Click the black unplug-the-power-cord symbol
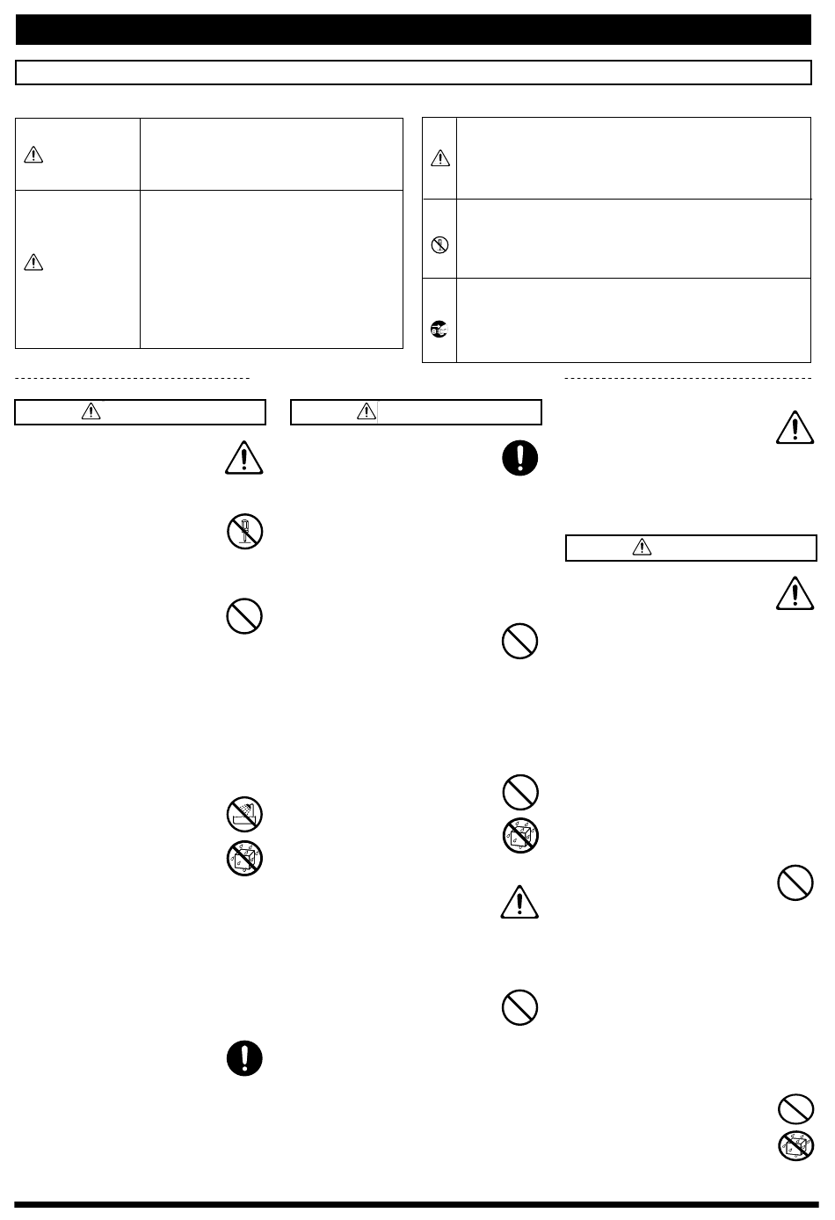(x=439, y=330)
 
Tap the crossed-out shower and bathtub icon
(x=244, y=815)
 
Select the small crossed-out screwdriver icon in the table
(x=439, y=246)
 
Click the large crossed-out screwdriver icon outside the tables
(x=244, y=532)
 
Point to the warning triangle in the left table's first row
(x=33, y=156)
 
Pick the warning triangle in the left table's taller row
(x=33, y=262)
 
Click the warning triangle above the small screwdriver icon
(x=439, y=159)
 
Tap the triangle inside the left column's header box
(x=91, y=410)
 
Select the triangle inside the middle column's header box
(x=367, y=410)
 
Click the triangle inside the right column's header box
(x=642, y=547)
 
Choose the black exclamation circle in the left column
(x=244, y=1058)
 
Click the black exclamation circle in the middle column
(x=519, y=458)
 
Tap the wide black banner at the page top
(x=413, y=29)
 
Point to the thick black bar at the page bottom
(x=417, y=1205)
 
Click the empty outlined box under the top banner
(x=413, y=72)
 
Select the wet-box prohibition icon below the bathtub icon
(x=244, y=859)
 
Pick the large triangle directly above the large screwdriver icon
(x=244, y=458)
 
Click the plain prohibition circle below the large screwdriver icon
(x=244, y=617)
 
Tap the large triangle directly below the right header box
(x=795, y=593)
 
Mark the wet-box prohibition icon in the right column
(x=795, y=1146)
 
